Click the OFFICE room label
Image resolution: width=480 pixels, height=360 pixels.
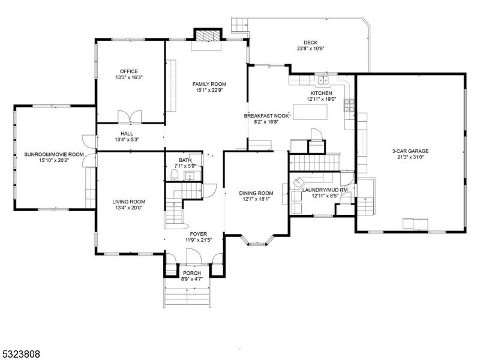tap(128, 71)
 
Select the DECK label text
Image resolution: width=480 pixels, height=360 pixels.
tap(310, 43)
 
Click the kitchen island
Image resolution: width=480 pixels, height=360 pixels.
tap(313, 112)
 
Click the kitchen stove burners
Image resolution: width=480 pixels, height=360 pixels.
tap(349, 106)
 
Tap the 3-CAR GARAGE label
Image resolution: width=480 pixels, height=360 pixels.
tap(410, 151)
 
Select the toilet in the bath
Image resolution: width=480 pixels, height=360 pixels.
tap(173, 175)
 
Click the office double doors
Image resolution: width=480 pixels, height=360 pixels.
tap(130, 116)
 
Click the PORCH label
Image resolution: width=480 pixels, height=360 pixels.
tap(192, 273)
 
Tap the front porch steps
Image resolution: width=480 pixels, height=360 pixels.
tap(187, 294)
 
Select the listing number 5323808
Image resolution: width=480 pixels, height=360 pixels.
tap(20, 354)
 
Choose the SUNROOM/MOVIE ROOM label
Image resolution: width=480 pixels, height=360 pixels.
tap(54, 154)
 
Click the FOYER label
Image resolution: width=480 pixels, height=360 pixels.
tap(199, 233)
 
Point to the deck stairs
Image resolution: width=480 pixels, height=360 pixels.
tap(239, 25)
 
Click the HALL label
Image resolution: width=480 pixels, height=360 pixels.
tap(127, 134)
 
